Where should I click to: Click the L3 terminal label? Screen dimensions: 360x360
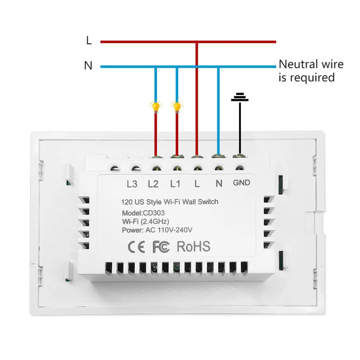[x=132, y=184]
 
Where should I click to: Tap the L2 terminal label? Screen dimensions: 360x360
[x=153, y=184]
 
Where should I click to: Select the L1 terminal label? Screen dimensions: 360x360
[x=175, y=184]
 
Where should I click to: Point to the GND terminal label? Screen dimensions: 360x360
[x=241, y=183]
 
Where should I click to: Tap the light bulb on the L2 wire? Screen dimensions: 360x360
[x=155, y=107]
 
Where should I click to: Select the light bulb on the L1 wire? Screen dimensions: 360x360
[x=177, y=107]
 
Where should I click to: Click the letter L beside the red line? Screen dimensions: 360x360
[x=89, y=41]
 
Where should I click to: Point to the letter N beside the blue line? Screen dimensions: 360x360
[x=88, y=66]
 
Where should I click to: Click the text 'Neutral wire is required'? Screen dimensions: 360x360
[x=311, y=71]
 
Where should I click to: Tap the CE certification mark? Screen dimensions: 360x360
[x=137, y=247]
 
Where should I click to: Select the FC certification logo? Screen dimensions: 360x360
[x=161, y=247]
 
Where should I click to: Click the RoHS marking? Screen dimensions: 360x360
[x=193, y=247]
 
